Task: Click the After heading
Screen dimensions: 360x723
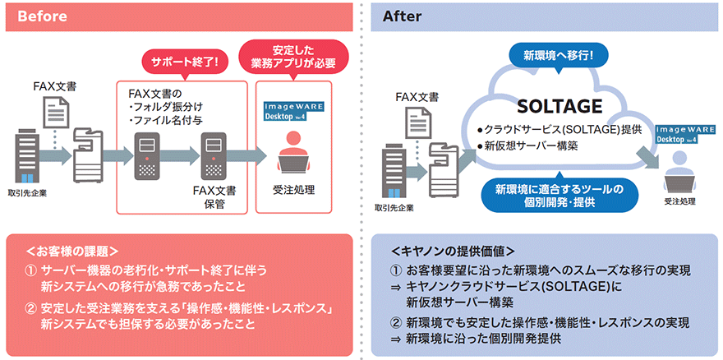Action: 402,16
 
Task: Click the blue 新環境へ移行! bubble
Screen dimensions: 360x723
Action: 558,57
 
